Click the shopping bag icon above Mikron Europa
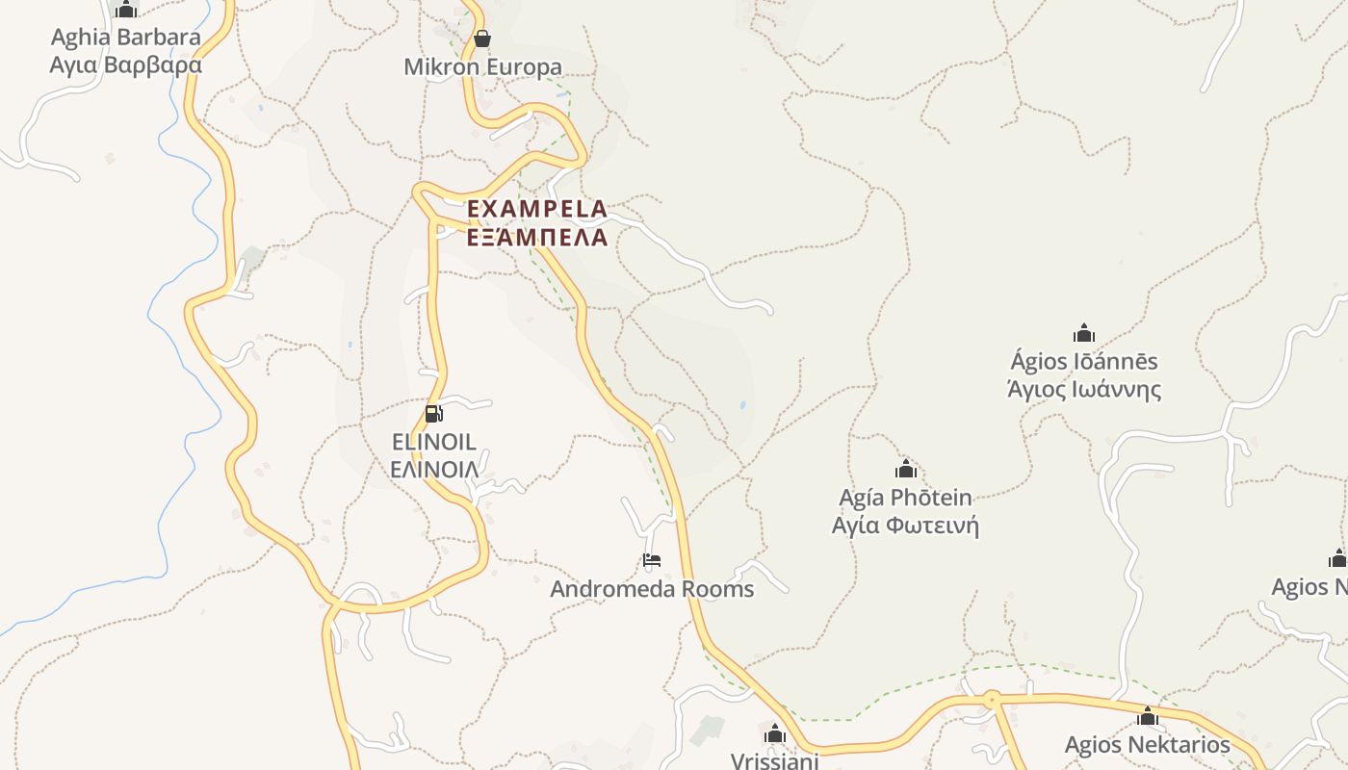(x=482, y=38)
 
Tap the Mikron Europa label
(x=482, y=67)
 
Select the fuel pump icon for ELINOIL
(x=433, y=414)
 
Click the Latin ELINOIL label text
(x=434, y=442)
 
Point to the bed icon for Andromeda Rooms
(x=652, y=560)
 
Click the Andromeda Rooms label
(x=652, y=589)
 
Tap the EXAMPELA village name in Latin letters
(x=537, y=209)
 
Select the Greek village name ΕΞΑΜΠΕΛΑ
(x=537, y=237)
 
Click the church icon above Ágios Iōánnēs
(x=1084, y=334)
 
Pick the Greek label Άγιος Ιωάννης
(x=1084, y=390)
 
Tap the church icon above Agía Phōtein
(x=905, y=470)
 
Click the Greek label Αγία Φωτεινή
(x=905, y=526)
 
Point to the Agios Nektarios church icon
(x=1147, y=716)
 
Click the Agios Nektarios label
(x=1147, y=745)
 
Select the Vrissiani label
(x=775, y=760)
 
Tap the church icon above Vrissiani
(x=775, y=735)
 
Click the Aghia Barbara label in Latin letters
(x=126, y=38)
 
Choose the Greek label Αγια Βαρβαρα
(x=126, y=65)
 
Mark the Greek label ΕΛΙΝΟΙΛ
(x=434, y=470)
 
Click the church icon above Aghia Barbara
(x=126, y=10)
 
